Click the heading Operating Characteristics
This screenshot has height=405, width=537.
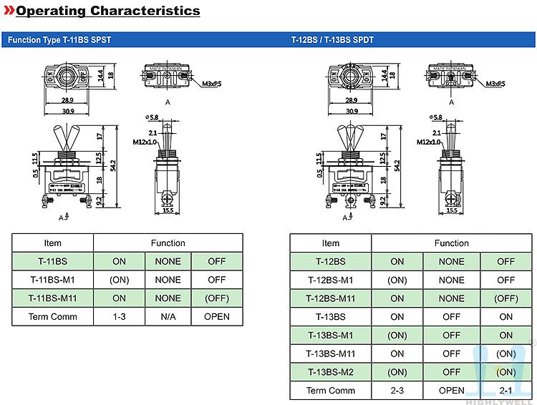point(107,11)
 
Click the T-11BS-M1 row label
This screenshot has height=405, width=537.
point(52,280)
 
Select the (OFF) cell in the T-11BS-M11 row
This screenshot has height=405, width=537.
point(216,298)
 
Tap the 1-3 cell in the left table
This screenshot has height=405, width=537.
point(119,316)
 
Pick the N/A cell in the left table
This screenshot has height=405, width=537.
point(168,316)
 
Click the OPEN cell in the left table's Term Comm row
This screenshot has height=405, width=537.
point(216,316)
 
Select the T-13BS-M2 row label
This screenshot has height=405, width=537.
point(330,372)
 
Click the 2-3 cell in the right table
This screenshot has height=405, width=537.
point(397,391)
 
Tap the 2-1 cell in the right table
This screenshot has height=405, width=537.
point(505,391)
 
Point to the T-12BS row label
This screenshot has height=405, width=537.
point(330,262)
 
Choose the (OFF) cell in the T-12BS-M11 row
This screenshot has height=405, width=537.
point(505,298)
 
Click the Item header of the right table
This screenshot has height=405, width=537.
point(330,243)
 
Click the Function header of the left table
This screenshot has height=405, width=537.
point(168,243)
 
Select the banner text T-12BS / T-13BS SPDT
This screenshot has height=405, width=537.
point(332,40)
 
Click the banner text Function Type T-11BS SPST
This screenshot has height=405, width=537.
point(59,40)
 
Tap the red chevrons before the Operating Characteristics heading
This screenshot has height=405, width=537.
point(9,11)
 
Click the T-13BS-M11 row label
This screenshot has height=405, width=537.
point(330,353)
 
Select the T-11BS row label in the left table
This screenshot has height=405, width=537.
point(52,262)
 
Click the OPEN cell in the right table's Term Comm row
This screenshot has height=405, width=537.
point(451,391)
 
